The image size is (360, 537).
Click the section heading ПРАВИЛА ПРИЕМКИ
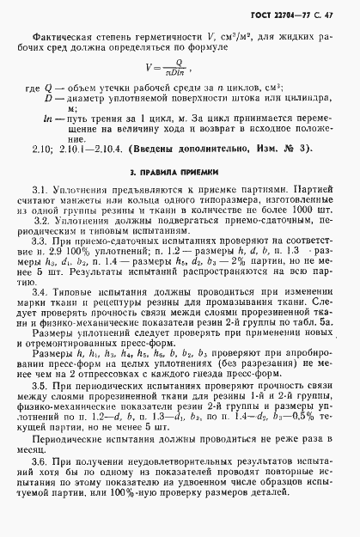click(x=183, y=172)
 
